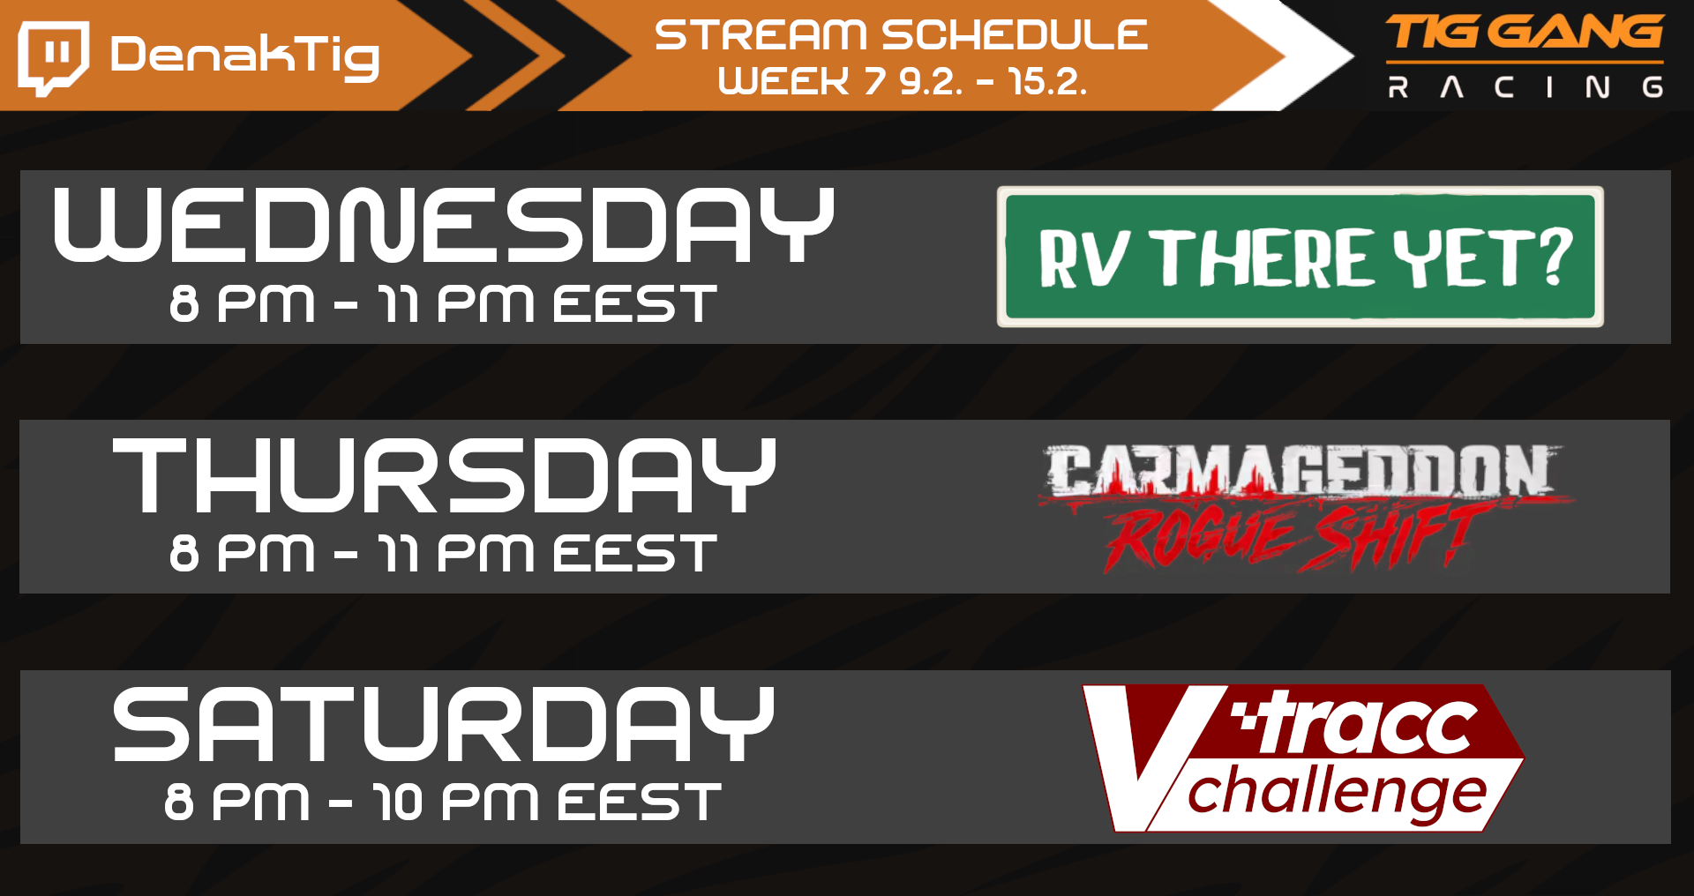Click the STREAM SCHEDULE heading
(x=901, y=35)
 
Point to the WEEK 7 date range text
(x=903, y=81)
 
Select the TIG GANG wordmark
(x=1525, y=33)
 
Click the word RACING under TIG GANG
(x=1525, y=86)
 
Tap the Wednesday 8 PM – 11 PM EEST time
(x=444, y=303)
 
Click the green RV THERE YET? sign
(x=1300, y=257)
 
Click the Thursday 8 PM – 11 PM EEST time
(x=444, y=553)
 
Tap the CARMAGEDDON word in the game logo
(x=1298, y=470)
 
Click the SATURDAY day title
(x=444, y=724)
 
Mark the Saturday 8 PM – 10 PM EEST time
(x=443, y=803)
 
